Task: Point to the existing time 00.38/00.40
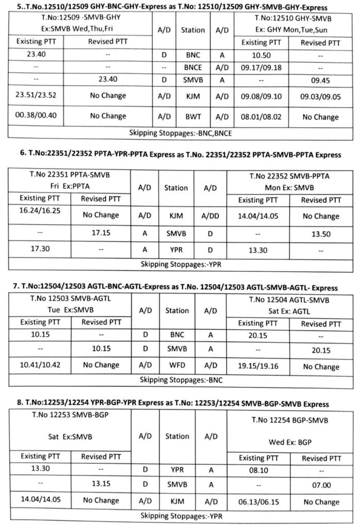coord(36,116)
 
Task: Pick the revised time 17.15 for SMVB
coord(102,233)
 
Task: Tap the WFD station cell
coord(177,367)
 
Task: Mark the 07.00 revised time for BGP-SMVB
coord(320,485)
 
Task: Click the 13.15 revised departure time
coord(102,485)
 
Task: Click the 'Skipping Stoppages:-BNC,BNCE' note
coord(179,133)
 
